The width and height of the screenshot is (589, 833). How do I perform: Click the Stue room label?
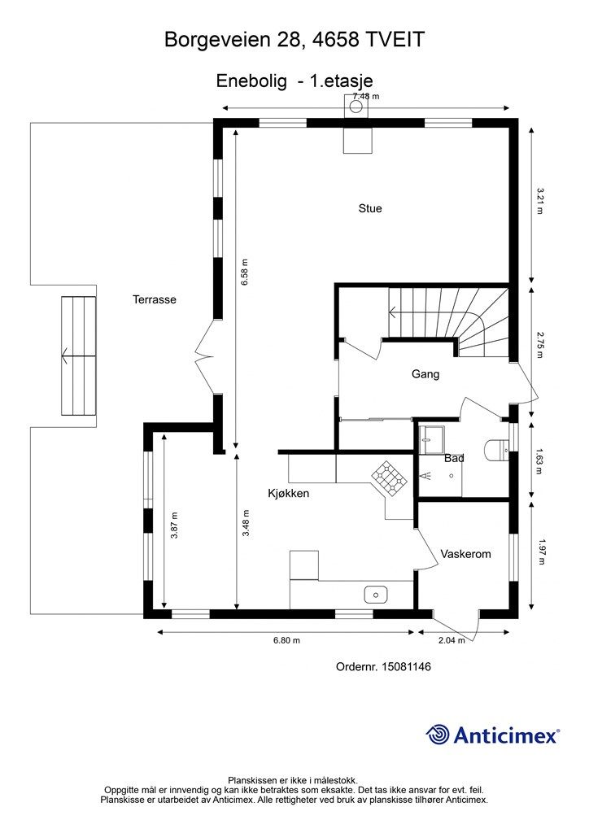click(369, 208)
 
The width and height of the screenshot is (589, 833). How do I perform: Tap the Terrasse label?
click(154, 299)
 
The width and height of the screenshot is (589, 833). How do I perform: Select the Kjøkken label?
click(288, 493)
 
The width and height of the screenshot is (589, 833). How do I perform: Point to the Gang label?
click(425, 374)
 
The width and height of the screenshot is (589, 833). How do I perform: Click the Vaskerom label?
click(465, 554)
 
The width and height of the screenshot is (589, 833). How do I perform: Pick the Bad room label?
click(454, 458)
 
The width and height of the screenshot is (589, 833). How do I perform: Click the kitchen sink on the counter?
click(375, 595)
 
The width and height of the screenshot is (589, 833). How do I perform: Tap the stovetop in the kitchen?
click(390, 477)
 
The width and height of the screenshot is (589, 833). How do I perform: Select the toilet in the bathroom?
click(497, 449)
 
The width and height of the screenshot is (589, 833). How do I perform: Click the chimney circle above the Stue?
click(356, 107)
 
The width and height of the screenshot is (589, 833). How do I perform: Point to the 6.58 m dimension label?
click(244, 273)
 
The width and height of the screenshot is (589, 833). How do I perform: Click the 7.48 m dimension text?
click(366, 96)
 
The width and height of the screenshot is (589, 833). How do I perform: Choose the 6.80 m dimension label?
click(286, 640)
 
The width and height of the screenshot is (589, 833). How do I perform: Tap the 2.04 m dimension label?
click(452, 640)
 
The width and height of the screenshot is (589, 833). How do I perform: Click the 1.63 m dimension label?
click(539, 461)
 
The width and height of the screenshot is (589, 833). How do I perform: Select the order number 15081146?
click(406, 666)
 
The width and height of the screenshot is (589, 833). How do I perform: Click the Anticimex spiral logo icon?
click(438, 735)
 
